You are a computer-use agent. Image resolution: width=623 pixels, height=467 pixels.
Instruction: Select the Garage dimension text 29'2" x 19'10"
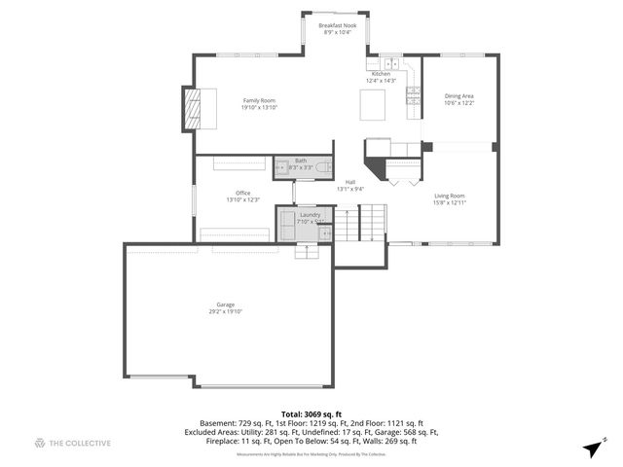[x=225, y=311]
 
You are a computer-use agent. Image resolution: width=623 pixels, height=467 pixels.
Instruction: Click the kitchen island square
[x=373, y=104]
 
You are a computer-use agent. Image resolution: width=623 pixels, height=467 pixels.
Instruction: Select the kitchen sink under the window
[x=390, y=64]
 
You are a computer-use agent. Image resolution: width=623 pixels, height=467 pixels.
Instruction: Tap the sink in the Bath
[x=281, y=166]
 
